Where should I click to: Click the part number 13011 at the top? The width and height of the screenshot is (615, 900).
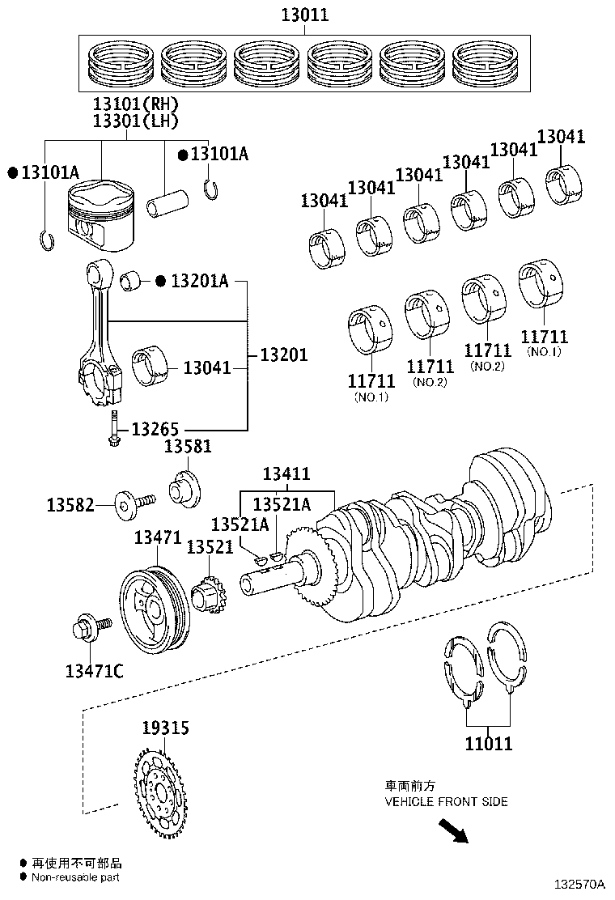coord(305,14)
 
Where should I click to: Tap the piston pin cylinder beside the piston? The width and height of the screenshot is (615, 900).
coord(168,202)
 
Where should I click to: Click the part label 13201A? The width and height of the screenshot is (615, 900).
coord(199,282)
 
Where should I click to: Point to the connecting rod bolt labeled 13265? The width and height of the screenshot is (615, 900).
coord(113,427)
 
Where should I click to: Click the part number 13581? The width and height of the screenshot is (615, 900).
coord(188,447)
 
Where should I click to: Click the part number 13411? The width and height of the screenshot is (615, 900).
coord(286,474)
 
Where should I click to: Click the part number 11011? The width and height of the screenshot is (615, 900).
coord(488,743)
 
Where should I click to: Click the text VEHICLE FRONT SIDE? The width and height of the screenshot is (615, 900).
coord(446,801)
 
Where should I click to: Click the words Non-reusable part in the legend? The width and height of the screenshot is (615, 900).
coord(76,877)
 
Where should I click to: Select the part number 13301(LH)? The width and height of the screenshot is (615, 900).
coord(135,121)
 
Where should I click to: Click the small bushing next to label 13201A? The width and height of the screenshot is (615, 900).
coord(131,281)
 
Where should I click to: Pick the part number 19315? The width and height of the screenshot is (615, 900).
coord(166,728)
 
